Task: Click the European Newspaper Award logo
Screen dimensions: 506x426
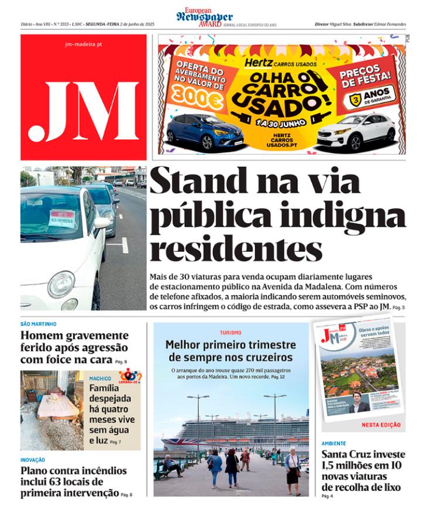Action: point(204,16)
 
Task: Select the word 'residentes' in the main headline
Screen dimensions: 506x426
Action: point(236,249)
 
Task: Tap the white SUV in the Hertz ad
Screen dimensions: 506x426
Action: point(356,132)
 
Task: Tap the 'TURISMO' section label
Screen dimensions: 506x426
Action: point(231,333)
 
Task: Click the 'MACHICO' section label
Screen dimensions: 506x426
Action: point(100,378)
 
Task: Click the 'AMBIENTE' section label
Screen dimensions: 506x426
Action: point(334,444)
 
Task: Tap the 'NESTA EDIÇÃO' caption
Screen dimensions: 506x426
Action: point(381,425)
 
